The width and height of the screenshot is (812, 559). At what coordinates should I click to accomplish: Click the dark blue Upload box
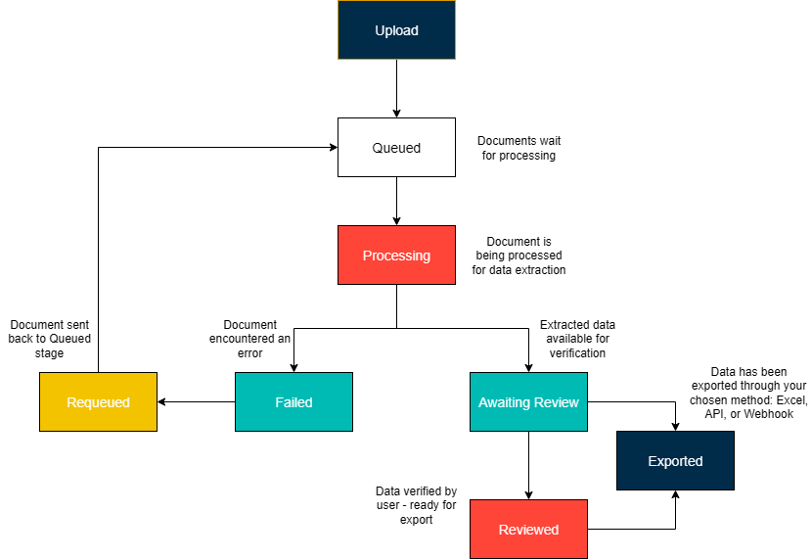point(396,30)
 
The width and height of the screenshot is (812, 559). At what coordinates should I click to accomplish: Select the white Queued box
point(396,148)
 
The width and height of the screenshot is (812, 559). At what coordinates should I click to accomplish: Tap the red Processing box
point(396,256)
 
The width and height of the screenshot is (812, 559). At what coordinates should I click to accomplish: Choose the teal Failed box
point(293,402)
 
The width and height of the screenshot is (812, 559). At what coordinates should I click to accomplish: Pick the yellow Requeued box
point(98,402)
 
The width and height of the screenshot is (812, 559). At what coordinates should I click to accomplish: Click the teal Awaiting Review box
point(528,402)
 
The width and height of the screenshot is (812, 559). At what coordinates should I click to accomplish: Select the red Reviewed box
point(528,530)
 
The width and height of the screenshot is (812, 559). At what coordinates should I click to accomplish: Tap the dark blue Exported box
point(675,461)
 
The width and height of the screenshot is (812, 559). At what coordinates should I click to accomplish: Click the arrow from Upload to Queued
point(396,88)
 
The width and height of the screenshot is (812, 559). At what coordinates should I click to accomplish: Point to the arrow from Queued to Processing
point(396,201)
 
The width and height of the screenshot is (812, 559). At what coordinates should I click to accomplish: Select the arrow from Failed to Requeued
point(196,402)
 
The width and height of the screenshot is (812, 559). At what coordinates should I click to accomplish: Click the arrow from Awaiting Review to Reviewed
point(528,465)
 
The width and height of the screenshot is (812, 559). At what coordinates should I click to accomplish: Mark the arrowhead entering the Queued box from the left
point(332,148)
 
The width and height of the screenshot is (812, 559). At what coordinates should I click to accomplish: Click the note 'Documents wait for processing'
point(519,148)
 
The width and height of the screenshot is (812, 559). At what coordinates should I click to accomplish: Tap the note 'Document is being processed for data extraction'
point(519,256)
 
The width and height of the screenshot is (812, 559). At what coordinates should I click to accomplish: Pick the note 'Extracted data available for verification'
point(577,339)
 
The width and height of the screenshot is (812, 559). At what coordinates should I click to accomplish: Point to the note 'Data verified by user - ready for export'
point(416,505)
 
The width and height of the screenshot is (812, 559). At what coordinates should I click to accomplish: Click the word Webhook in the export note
point(767,414)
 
